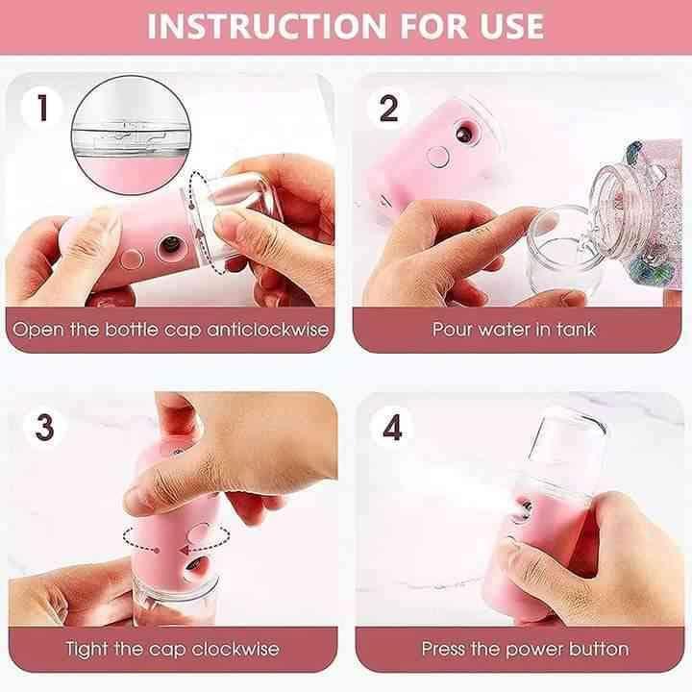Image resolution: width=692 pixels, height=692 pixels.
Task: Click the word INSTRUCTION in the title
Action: tap(267, 27)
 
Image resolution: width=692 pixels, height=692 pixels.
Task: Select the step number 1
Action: tap(42, 108)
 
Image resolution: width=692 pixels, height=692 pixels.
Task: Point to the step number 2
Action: tap(388, 108)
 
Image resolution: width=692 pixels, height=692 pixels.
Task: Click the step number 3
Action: tap(44, 427)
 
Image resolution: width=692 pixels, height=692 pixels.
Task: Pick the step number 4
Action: tap(392, 427)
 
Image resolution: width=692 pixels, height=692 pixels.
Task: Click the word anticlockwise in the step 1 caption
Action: tap(268, 330)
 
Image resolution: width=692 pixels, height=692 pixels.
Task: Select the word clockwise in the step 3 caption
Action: tap(235, 649)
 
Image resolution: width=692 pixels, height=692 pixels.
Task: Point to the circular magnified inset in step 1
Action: tap(131, 135)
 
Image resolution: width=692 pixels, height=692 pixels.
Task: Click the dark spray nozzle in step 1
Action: tap(171, 244)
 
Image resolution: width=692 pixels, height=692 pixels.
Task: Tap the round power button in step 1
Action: tap(132, 259)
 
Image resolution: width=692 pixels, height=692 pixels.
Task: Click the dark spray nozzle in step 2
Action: tap(464, 134)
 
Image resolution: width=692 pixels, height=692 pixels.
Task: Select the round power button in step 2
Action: tap(438, 157)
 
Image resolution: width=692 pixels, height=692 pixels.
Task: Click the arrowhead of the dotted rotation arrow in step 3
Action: tap(185, 550)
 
